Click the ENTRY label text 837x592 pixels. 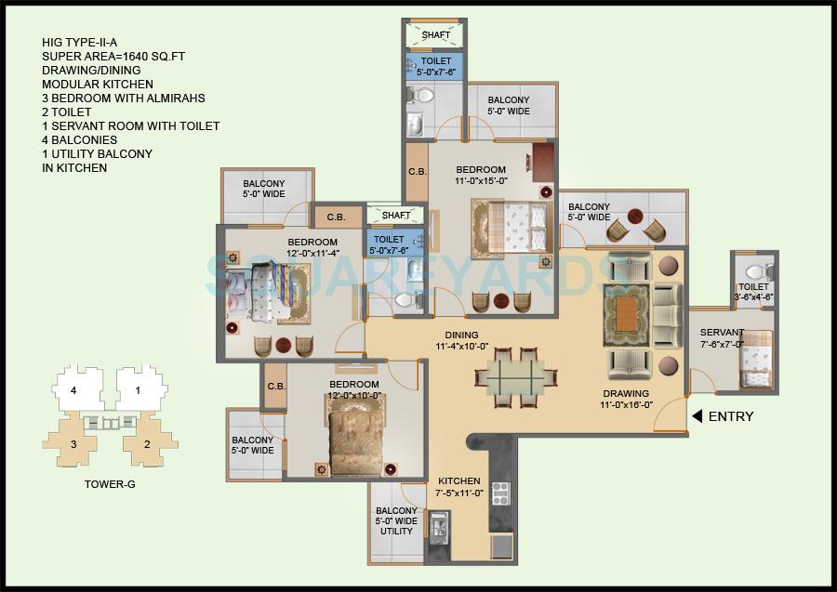click(731, 416)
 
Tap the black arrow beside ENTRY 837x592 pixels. click(696, 416)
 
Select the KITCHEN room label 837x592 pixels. click(459, 481)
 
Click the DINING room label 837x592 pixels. click(461, 335)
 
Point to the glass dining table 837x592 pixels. click(516, 378)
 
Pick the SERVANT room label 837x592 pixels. click(722, 333)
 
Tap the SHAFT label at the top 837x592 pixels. click(436, 35)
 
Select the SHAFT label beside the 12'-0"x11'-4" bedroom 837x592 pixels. click(396, 216)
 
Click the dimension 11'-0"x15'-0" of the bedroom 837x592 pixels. click(481, 182)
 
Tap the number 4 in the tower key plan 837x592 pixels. click(73, 390)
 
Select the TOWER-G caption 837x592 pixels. click(104, 484)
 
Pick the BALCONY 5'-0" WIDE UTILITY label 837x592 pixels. click(396, 521)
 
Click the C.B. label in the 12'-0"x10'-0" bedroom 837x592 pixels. click(276, 387)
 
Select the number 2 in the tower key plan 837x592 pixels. click(147, 444)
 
